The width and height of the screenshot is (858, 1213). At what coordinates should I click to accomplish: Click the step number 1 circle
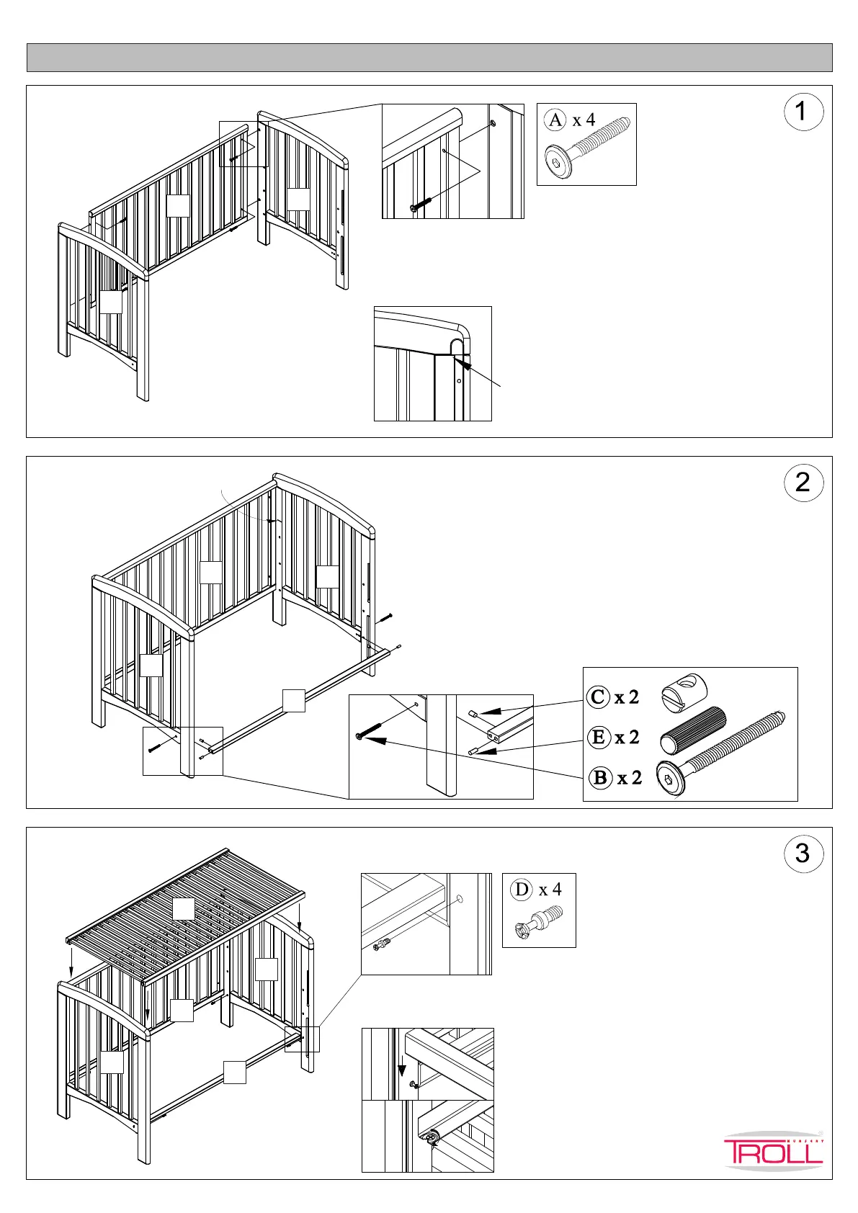(x=803, y=112)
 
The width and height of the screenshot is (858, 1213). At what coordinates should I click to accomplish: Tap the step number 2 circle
(x=803, y=483)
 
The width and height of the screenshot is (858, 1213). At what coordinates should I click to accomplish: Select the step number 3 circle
(x=803, y=854)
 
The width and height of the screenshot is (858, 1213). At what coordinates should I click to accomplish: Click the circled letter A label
(x=555, y=120)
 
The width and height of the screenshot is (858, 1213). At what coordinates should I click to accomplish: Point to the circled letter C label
(x=598, y=697)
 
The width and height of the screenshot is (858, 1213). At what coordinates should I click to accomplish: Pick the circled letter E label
(x=598, y=737)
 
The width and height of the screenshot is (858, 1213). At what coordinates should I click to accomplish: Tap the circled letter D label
(x=522, y=890)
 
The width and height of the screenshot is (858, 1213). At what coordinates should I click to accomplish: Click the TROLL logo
(x=773, y=1150)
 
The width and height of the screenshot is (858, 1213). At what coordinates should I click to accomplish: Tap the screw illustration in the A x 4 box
(x=588, y=148)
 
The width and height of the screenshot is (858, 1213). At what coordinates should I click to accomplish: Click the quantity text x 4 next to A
(x=584, y=120)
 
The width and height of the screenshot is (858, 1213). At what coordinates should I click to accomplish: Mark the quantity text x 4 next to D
(x=550, y=890)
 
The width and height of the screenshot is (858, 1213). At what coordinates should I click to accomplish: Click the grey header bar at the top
(x=429, y=58)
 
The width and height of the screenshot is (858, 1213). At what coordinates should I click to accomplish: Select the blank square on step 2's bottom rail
(x=294, y=701)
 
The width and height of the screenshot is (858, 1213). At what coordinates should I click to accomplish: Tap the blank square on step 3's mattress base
(x=184, y=909)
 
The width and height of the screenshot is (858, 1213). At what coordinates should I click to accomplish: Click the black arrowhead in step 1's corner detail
(x=464, y=365)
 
